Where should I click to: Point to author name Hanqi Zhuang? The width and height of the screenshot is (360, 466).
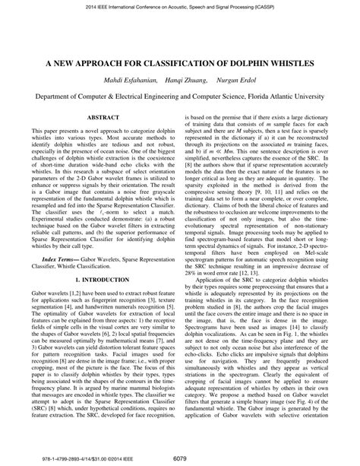[x=176, y=81]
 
